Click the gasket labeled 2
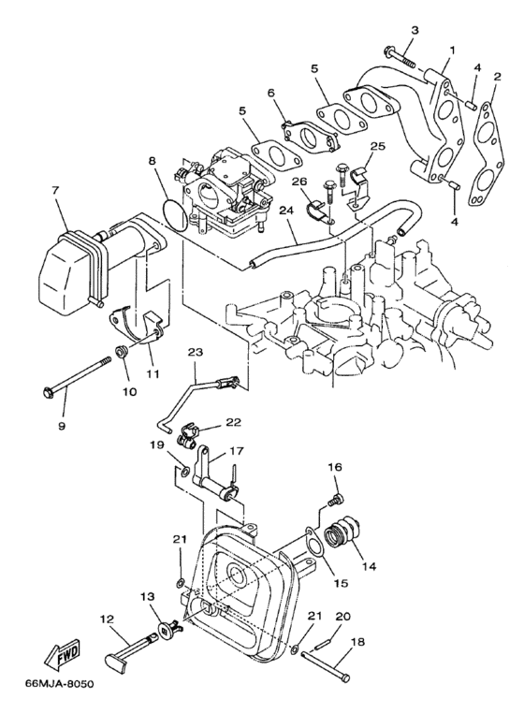(488, 139)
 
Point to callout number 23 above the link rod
(195, 353)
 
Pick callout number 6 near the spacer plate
(272, 95)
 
